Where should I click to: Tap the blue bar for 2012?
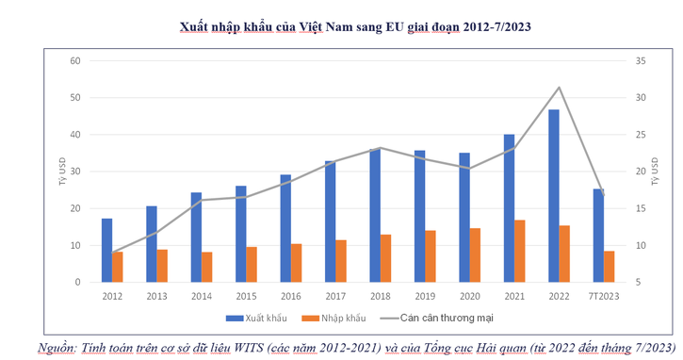[106, 250]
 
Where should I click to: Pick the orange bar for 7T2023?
[610, 266]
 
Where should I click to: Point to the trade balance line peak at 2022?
[560, 88]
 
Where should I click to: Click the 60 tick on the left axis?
[76, 61]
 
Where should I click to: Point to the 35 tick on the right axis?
[643, 61]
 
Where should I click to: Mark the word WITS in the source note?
[248, 348]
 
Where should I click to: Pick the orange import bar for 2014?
[206, 267]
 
